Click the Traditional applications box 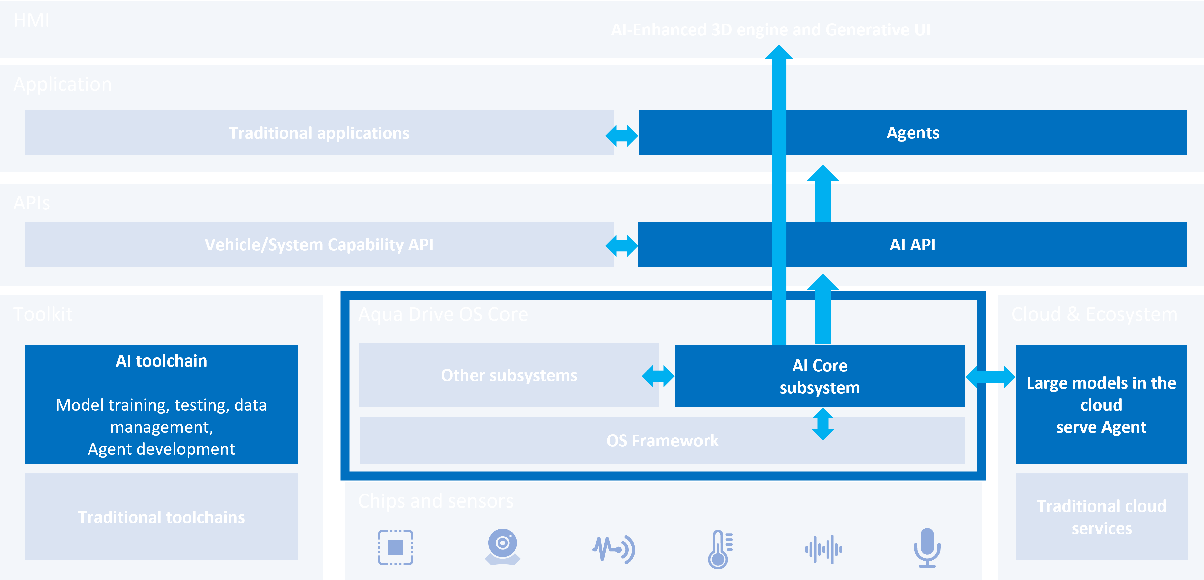pyautogui.click(x=319, y=133)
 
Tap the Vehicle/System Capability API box pyautogui.click(x=319, y=244)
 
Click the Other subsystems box pyautogui.click(x=509, y=375)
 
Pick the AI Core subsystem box pyautogui.click(x=819, y=377)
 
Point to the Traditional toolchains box pyautogui.click(x=161, y=517)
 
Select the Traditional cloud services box pyautogui.click(x=1101, y=517)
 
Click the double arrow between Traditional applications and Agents pyautogui.click(x=622, y=136)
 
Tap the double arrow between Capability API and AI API pyautogui.click(x=622, y=246)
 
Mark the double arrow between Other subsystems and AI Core pyautogui.click(x=658, y=376)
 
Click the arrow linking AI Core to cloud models pyautogui.click(x=990, y=377)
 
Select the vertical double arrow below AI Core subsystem pyautogui.click(x=823, y=424)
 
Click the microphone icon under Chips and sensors pyautogui.click(x=927, y=548)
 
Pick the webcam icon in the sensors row pyautogui.click(x=503, y=546)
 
